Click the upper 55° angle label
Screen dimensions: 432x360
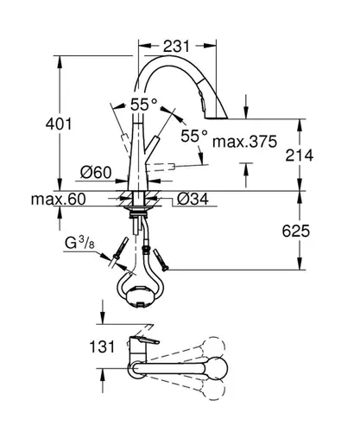point(144,104)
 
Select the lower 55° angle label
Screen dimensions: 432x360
point(194,136)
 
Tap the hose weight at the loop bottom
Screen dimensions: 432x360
point(140,299)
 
